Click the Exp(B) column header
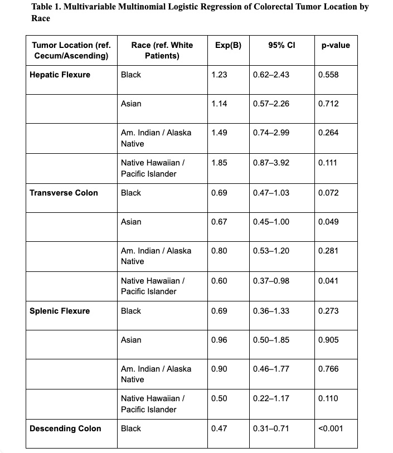click(x=227, y=45)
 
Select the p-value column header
click(x=336, y=45)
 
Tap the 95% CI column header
click(x=282, y=45)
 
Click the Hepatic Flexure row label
click(x=60, y=75)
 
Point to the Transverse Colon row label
click(x=64, y=193)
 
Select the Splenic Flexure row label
click(x=60, y=311)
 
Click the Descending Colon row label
click(x=65, y=428)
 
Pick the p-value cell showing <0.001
click(x=331, y=428)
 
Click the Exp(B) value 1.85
click(x=220, y=163)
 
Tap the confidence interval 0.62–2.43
click(x=271, y=75)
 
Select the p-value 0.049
click(x=328, y=222)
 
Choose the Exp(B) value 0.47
click(x=220, y=428)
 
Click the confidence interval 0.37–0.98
click(x=271, y=281)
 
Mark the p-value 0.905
click(x=328, y=340)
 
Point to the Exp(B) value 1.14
click(x=220, y=104)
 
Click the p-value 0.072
click(x=328, y=193)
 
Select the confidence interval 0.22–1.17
click(x=271, y=398)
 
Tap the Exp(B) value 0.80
click(x=220, y=251)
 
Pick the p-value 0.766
click(x=328, y=369)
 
